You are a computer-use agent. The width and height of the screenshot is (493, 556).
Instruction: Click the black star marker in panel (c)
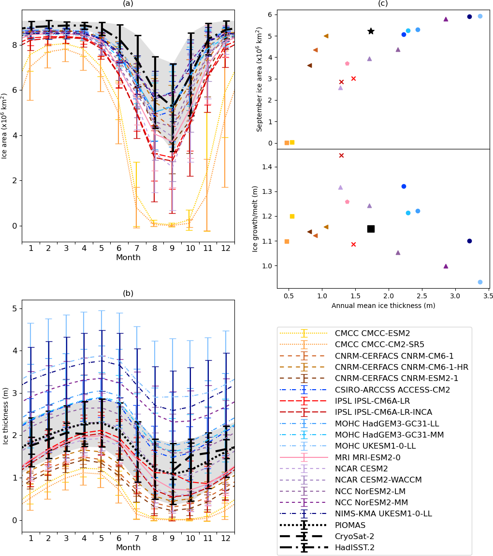pos(371,31)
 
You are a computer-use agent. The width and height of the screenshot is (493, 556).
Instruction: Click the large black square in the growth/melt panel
pos(371,229)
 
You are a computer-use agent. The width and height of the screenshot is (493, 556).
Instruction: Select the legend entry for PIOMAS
pos(350,525)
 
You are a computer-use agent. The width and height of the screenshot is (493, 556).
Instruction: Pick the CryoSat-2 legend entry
pos(354,536)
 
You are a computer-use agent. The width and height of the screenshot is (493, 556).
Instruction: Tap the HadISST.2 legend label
pos(355,547)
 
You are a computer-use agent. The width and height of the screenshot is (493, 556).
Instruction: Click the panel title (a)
pos(128,3)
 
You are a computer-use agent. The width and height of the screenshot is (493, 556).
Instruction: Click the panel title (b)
pos(128,293)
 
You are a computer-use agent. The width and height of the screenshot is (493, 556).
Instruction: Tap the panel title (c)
pos(383,3)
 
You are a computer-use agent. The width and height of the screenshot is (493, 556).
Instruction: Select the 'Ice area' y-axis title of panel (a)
pos(5,126)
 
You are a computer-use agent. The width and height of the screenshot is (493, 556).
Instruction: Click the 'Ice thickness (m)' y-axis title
pos(5,416)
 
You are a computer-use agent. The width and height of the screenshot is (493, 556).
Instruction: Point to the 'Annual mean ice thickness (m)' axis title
pos(383,306)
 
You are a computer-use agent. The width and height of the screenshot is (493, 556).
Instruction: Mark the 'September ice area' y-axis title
pos(260,79)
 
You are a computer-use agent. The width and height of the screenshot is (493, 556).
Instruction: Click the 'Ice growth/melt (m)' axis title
pos(256,219)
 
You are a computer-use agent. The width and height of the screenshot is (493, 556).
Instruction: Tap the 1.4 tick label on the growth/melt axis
pos(266,167)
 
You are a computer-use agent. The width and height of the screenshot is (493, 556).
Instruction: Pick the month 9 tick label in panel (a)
pos(173,248)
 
